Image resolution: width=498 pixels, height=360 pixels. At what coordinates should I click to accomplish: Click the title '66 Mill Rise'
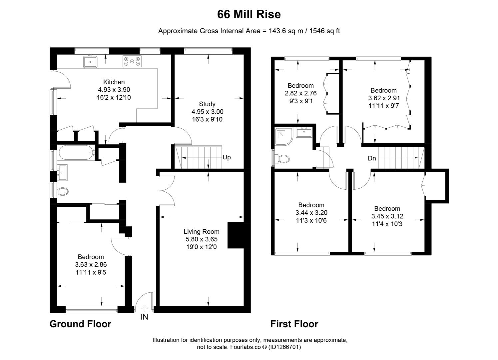249,14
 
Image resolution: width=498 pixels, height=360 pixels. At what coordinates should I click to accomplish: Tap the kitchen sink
90,62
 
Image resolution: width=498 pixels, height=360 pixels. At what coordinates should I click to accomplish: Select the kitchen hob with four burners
132,61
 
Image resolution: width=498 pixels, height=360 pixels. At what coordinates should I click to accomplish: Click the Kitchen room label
114,82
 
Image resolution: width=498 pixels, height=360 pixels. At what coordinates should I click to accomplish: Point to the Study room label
207,104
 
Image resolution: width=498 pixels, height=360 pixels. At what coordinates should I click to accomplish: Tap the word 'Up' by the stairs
227,157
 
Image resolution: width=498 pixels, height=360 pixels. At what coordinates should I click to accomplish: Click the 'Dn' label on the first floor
372,158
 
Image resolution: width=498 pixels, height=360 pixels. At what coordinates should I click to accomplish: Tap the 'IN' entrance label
144,317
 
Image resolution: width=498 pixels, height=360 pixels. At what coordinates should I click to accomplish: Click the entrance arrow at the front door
145,308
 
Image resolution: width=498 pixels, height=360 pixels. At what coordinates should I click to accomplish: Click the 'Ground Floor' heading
80,324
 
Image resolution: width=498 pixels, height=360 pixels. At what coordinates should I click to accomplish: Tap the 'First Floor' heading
294,324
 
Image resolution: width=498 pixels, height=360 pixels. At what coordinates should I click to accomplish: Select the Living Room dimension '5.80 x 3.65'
202,239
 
